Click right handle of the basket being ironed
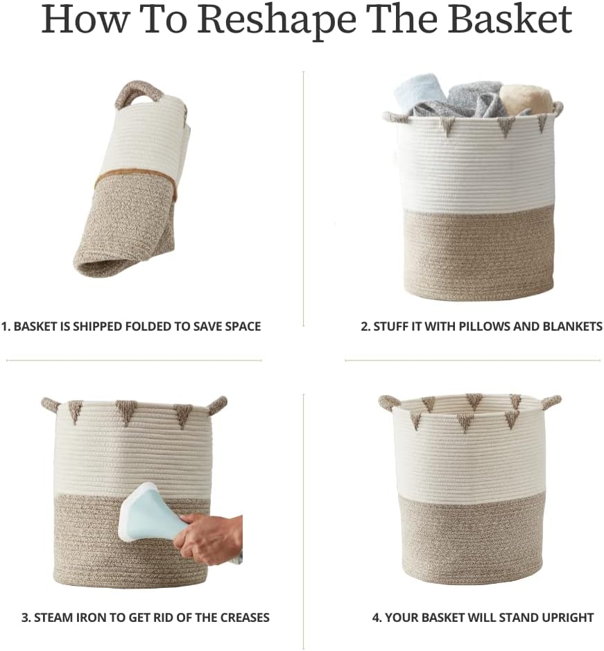coord(218,403)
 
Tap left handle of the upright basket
coord(389,401)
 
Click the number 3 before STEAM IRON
coord(25,617)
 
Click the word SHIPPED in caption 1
coord(97,326)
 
